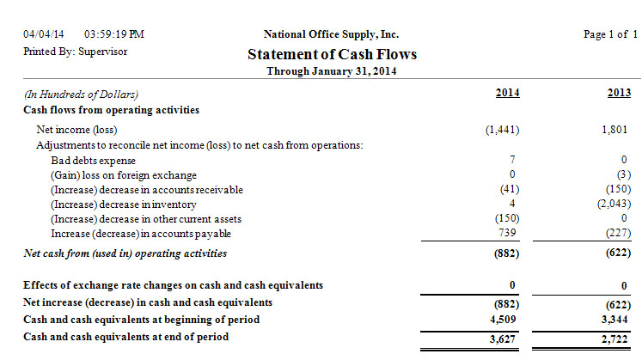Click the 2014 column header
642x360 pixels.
(507, 93)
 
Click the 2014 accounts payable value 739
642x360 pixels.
(509, 233)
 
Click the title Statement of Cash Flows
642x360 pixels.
(333, 54)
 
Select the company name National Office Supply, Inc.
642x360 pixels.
(332, 34)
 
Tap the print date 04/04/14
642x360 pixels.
(44, 34)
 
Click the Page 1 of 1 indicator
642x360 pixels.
(610, 34)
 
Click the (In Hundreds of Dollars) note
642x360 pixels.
(82, 95)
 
